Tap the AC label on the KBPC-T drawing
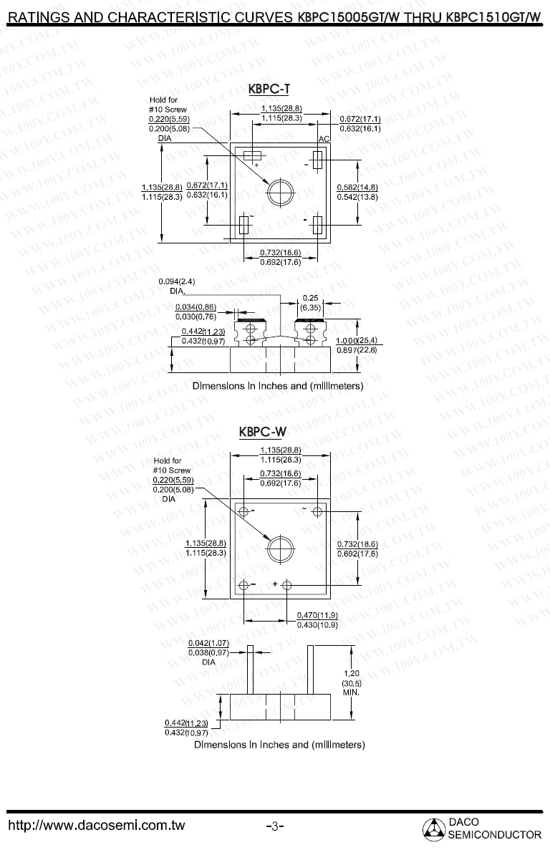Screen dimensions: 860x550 point(323,137)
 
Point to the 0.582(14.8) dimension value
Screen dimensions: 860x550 point(357,187)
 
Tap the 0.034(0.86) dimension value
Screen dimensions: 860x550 point(196,307)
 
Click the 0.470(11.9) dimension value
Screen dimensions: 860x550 point(317,615)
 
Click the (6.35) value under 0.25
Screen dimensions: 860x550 point(310,306)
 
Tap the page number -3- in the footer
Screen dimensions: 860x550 point(275,826)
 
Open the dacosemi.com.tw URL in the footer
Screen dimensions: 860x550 point(96,826)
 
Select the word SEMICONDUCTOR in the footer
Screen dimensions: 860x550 point(494,835)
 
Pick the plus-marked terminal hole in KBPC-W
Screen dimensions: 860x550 point(287,585)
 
